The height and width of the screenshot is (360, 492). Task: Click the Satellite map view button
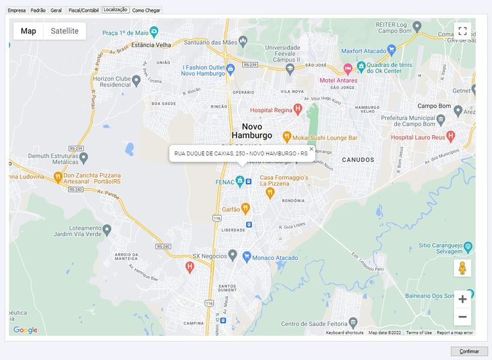[64, 31]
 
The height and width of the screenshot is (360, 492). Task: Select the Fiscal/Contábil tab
[83, 10]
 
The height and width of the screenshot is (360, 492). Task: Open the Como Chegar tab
[146, 10]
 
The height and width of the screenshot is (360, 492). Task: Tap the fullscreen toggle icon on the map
[462, 31]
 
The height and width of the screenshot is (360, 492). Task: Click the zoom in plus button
[462, 299]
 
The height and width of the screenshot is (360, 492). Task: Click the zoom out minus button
[462, 317]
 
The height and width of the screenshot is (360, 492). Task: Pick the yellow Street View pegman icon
[462, 268]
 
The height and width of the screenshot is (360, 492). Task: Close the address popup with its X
[312, 149]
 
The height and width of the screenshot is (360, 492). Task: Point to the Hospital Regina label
[270, 111]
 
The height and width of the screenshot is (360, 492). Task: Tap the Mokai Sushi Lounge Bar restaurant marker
[287, 136]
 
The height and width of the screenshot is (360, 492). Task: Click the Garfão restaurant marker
[245, 208]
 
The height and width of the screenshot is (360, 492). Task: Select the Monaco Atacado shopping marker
[247, 256]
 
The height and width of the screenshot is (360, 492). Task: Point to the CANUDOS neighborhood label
[358, 159]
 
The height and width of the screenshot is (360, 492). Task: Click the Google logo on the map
[26, 330]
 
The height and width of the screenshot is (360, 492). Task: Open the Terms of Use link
[419, 333]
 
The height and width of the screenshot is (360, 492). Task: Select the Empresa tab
[16, 10]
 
